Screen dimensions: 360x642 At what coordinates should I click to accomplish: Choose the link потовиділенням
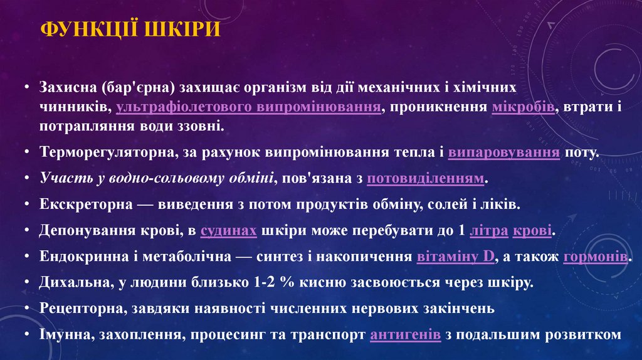tap(426, 179)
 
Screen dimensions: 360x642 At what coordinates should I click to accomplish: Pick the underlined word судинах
tap(228, 231)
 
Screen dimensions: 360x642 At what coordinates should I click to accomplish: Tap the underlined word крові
tap(532, 231)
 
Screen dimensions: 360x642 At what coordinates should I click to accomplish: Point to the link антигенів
tap(405, 335)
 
